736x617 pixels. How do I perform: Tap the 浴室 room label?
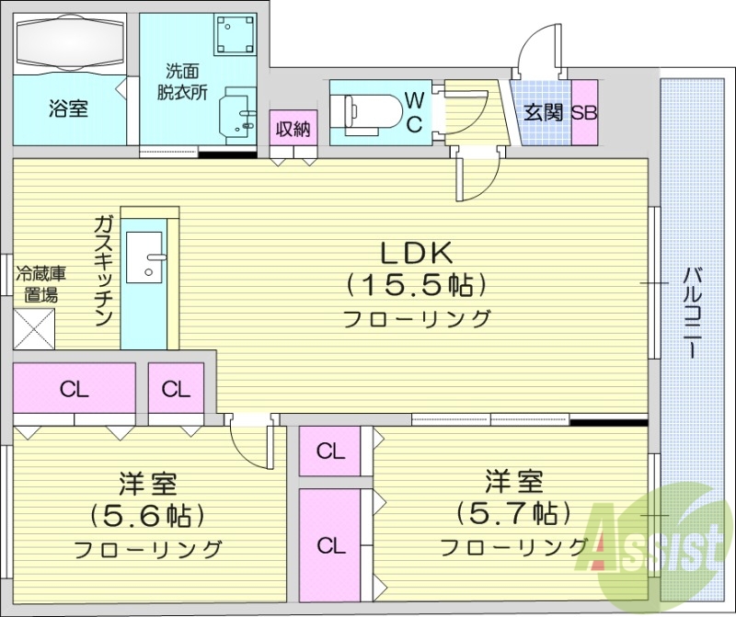(68, 109)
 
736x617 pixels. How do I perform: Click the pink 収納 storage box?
(293, 129)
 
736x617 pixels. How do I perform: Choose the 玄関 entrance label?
(543, 113)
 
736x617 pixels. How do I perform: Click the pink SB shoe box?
(584, 113)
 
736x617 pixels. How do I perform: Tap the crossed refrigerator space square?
(35, 327)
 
